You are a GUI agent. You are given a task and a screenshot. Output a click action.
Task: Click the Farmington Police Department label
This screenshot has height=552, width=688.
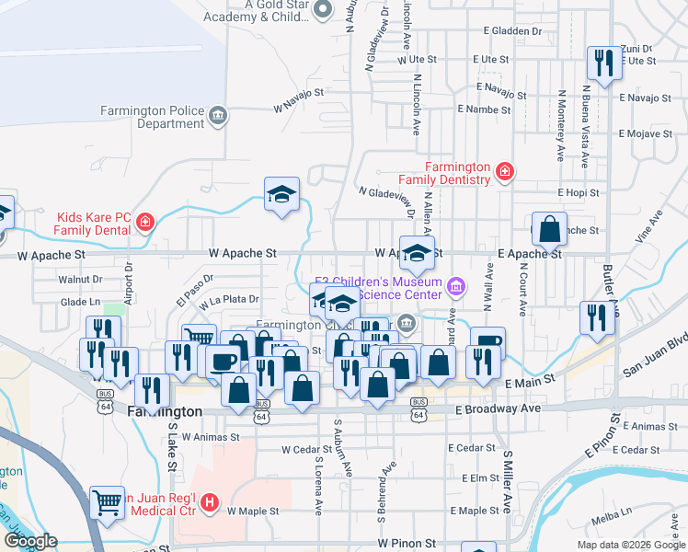(x=153, y=117)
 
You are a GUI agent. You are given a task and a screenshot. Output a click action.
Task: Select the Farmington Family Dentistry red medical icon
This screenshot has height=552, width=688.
(x=503, y=171)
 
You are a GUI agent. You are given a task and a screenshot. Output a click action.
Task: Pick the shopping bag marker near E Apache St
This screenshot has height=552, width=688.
(x=549, y=230)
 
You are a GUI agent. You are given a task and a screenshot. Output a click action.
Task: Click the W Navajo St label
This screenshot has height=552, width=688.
(x=299, y=94)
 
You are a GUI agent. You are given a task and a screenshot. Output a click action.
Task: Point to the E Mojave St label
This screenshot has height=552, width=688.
(x=648, y=133)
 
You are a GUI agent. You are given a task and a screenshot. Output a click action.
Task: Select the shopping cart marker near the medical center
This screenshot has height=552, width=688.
(x=109, y=502)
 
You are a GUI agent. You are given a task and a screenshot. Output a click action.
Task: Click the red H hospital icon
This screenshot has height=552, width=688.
(x=210, y=502)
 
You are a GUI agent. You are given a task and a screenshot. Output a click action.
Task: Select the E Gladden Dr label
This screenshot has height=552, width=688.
(x=516, y=30)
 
